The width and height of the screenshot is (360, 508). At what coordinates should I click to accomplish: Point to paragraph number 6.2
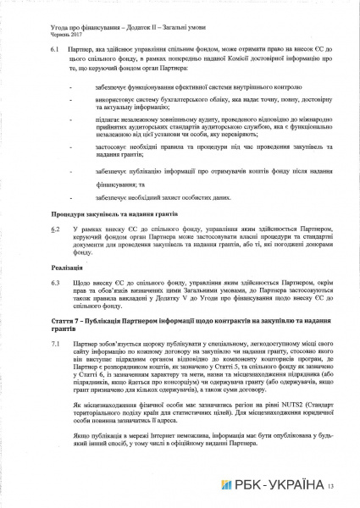point(53,229)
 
